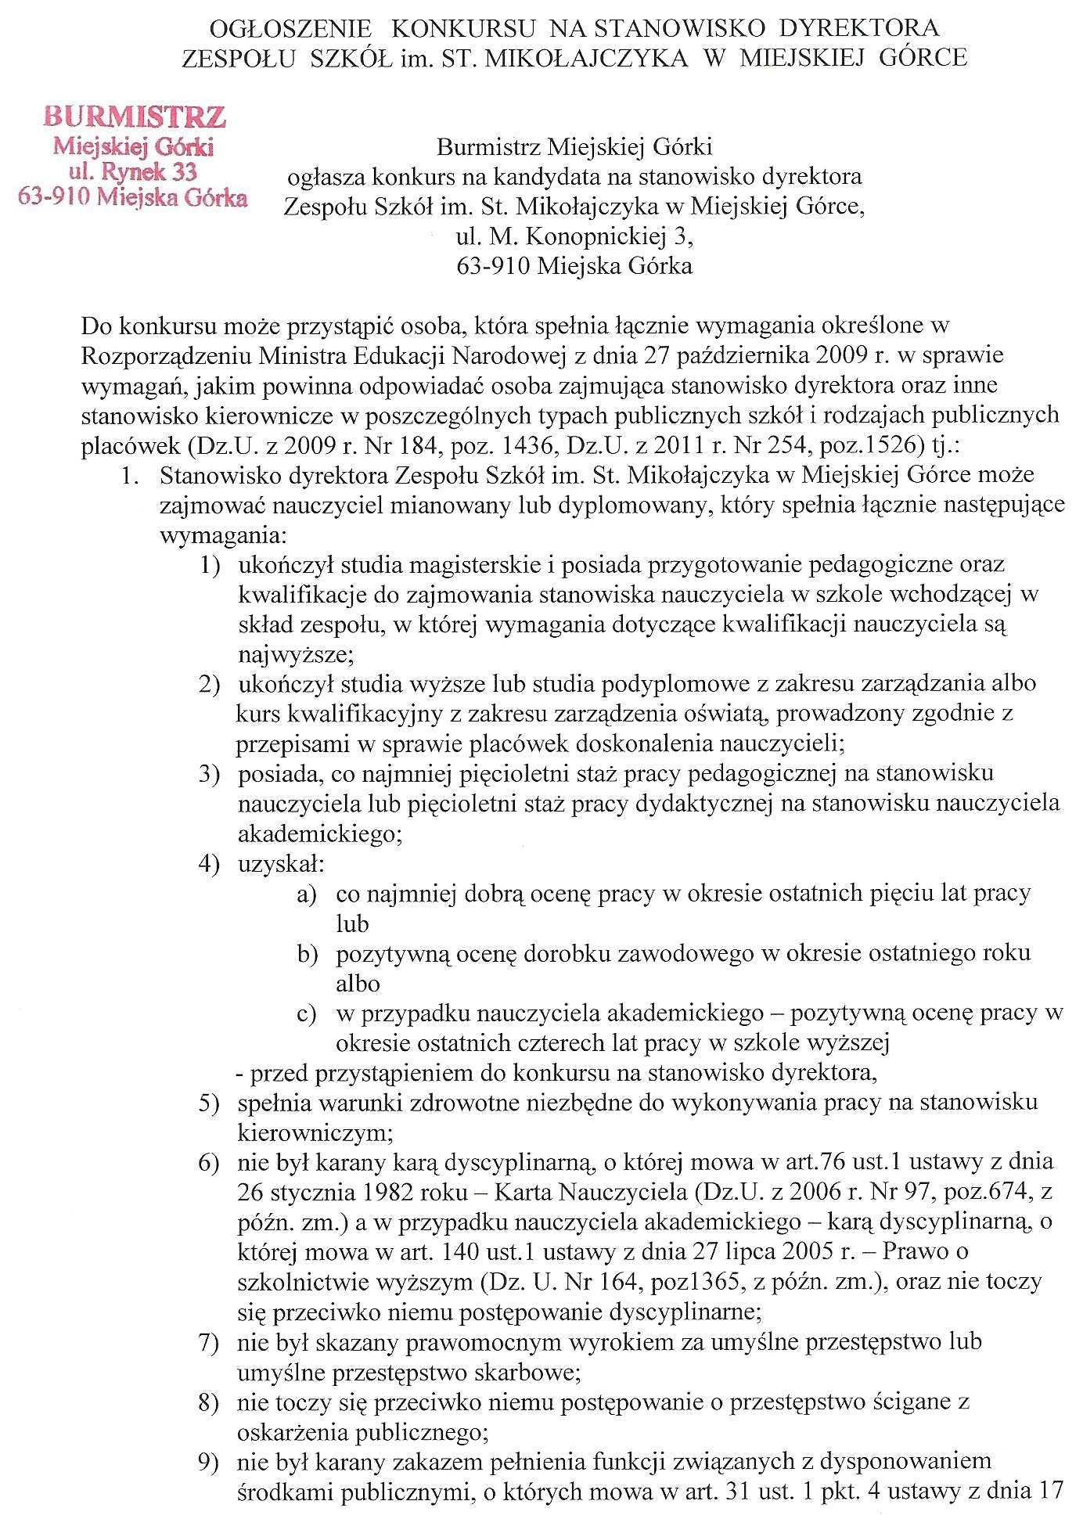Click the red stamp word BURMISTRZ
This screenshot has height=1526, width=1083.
[135, 117]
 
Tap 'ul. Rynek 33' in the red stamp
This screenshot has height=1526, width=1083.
[132, 171]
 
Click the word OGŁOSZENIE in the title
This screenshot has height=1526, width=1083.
[290, 29]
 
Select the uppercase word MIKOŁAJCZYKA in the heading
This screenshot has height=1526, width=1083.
[588, 58]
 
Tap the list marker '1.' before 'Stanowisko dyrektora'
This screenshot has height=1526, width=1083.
[130, 476]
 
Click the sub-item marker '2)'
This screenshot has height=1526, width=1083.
[209, 685]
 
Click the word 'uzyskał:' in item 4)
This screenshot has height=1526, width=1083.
[281, 864]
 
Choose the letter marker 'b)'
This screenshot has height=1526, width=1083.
[307, 954]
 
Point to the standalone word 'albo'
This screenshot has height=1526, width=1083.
[358, 984]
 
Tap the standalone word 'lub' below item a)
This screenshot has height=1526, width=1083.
[352, 923]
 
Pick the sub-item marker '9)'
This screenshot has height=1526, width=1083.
[208, 1462]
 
